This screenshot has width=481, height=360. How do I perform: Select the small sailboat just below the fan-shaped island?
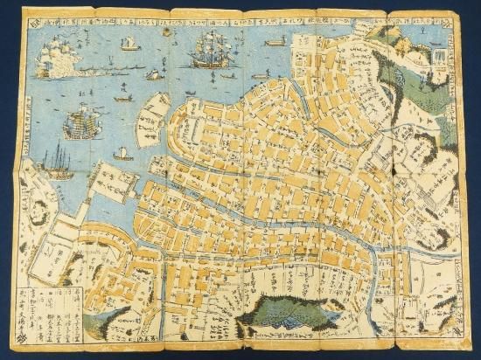[x=124, y=155]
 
